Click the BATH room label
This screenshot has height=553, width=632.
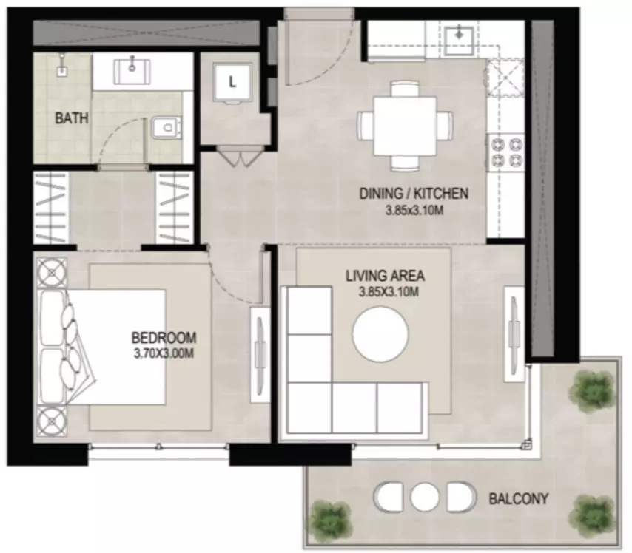(71, 118)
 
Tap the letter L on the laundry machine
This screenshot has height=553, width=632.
(232, 83)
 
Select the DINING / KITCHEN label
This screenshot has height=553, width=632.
(414, 194)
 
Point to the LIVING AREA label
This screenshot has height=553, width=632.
(385, 276)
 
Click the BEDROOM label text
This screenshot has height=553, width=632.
(164, 337)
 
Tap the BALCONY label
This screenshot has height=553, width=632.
(519, 499)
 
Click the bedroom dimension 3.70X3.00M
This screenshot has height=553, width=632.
(164, 353)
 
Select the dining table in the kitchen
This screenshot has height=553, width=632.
(405, 126)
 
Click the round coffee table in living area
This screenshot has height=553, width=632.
(380, 334)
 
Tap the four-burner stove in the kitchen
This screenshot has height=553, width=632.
(507, 152)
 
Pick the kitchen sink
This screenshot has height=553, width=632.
(459, 40)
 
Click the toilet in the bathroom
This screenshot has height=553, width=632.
(166, 128)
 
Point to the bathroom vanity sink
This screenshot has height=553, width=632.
(132, 72)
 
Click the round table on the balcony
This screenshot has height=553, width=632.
(425, 497)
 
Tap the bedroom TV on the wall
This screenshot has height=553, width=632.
(260, 354)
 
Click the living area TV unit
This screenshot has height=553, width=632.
(515, 333)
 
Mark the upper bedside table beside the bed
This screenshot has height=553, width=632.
(52, 273)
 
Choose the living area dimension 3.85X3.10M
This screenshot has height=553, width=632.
(389, 291)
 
